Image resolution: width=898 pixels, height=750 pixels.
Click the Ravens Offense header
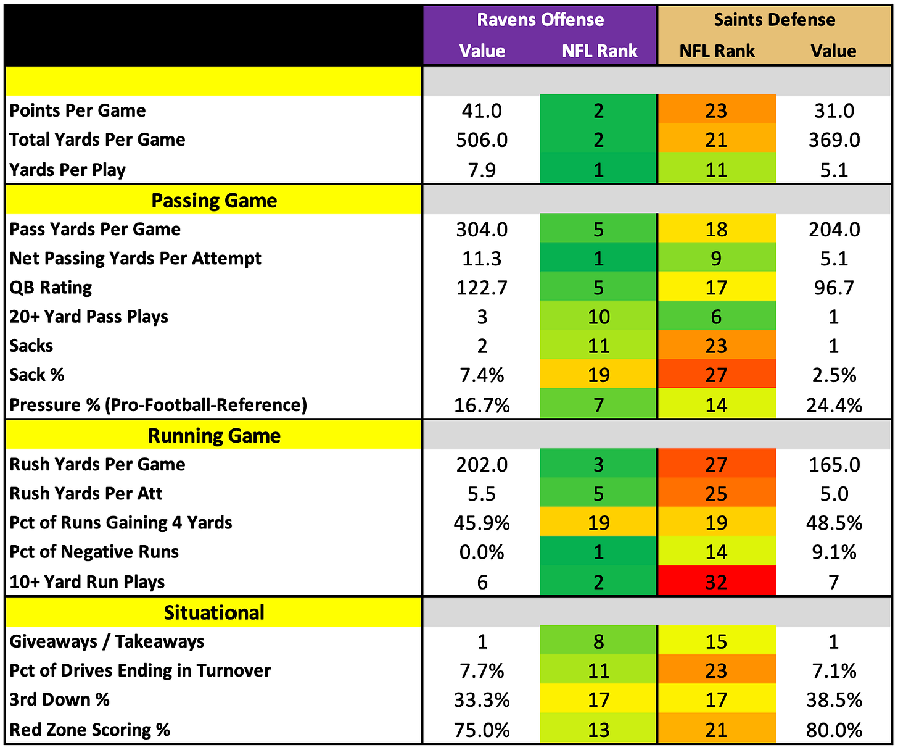tap(540, 20)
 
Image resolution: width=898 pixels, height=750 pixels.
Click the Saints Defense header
tap(774, 20)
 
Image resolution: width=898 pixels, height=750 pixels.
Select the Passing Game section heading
tap(214, 201)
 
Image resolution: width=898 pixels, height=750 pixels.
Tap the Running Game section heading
tap(214, 436)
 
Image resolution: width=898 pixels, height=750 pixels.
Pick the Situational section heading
tap(214, 613)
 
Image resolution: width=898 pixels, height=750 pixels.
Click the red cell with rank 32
tap(716, 581)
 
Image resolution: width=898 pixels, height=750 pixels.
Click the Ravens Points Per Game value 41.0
tap(482, 111)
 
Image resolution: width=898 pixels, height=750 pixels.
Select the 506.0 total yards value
tap(482, 140)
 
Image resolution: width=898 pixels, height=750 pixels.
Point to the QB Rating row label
tap(51, 288)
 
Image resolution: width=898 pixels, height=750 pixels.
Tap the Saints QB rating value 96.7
tap(833, 288)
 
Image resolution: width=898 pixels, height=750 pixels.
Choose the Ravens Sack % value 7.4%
tap(482, 375)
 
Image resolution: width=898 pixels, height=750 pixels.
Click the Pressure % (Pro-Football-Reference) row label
tap(159, 405)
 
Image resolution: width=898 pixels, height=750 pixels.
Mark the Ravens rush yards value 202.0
tap(482, 465)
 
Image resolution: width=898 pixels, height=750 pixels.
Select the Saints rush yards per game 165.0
tap(833, 465)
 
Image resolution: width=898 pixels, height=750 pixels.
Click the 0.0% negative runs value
tap(482, 552)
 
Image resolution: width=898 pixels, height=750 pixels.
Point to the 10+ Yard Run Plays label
tap(87, 582)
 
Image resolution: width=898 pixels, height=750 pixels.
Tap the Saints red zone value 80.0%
tap(833, 730)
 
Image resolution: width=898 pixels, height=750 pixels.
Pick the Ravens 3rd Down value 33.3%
tap(482, 700)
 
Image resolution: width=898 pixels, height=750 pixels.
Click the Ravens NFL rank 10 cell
tap(598, 317)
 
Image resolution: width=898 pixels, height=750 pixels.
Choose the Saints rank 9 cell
tap(716, 258)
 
